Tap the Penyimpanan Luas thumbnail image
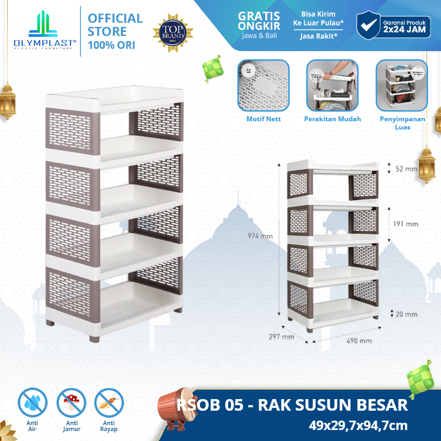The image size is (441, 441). tap(402, 85)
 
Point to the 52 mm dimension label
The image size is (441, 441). tap(407, 169)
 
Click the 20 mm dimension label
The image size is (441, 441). tap(407, 314)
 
